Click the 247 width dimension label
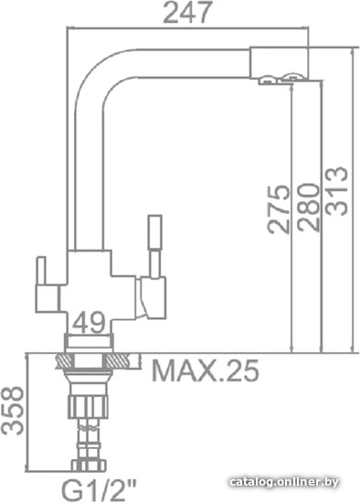187,12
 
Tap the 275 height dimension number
279,209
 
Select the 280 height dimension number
308,207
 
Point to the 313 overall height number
336,191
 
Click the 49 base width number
89,322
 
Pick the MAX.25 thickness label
206,370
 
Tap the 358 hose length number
12,411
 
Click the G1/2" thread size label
99,492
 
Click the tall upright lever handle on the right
154,245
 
